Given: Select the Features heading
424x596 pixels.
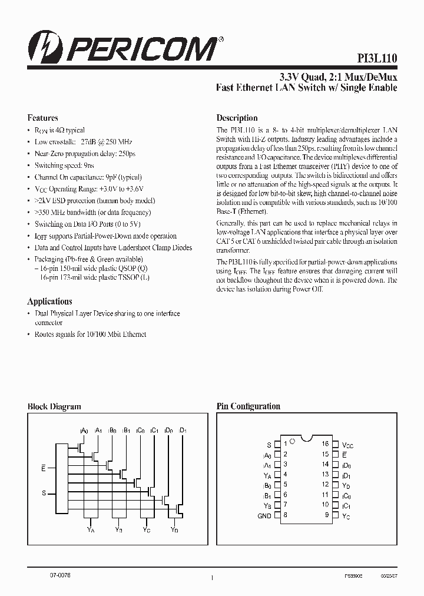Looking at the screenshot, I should coord(42,118).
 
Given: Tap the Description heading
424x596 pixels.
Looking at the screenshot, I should coord(237,118).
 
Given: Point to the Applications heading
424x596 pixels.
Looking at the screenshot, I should coord(50,301).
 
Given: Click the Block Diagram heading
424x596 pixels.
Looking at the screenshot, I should coord(54,406).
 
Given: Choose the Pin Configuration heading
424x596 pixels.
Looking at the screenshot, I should coord(248,406).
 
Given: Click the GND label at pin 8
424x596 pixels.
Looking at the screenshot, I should coord(264,516).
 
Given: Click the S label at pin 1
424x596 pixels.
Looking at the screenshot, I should coord(269,444).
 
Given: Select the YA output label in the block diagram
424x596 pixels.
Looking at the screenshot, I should coord(90,529).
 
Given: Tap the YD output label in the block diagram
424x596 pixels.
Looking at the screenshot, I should coord(174,529).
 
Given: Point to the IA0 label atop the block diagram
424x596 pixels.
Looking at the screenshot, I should coord(84,431).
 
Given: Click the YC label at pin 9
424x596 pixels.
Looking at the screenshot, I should coord(346,516).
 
